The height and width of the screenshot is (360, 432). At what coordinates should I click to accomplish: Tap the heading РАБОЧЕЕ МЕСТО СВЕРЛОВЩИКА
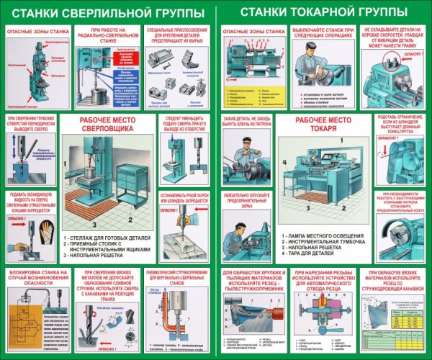(106, 123)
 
